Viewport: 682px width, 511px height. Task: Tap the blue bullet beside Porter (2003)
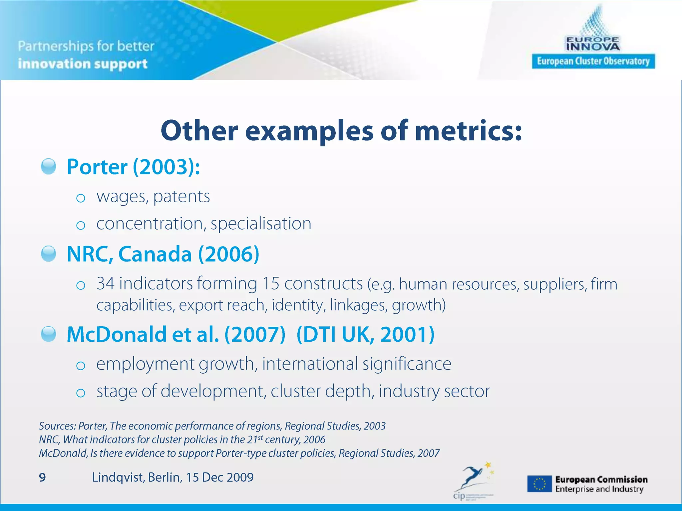(49, 166)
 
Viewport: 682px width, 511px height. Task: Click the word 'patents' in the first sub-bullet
(181, 196)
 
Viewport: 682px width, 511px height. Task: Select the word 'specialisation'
(261, 223)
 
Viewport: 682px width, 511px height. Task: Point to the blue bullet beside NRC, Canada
(49, 254)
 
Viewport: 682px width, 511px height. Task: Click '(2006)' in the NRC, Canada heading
(229, 254)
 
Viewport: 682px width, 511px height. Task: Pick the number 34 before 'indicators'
(106, 284)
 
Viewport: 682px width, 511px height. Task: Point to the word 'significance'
(407, 364)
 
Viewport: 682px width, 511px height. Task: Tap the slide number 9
(42, 477)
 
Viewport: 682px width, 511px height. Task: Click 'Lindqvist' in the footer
(118, 477)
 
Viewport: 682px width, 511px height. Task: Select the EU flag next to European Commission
(539, 484)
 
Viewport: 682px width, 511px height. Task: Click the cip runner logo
(473, 479)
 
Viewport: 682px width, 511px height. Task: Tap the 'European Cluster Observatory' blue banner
(593, 61)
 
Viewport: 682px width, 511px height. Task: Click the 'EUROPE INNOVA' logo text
(593, 44)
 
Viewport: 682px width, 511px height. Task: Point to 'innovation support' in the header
(83, 64)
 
